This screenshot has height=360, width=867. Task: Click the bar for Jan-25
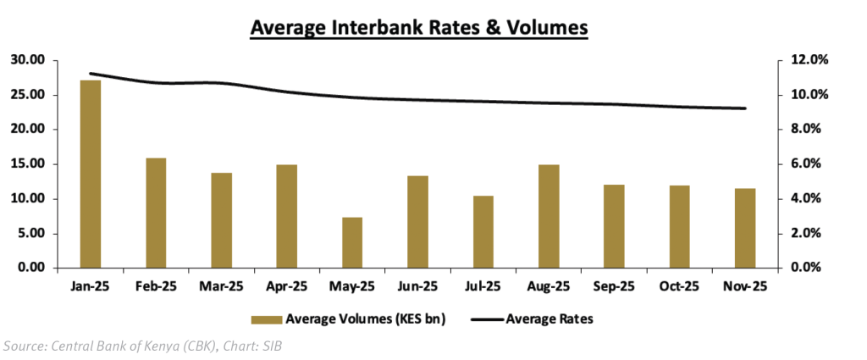click(x=90, y=174)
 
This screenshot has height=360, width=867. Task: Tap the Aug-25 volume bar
click(x=549, y=216)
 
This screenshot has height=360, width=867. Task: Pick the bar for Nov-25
click(x=744, y=228)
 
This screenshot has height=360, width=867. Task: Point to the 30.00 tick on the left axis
click(x=29, y=60)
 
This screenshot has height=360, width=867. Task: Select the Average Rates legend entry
click(x=549, y=319)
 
